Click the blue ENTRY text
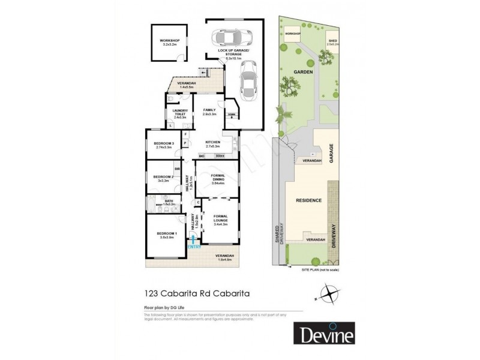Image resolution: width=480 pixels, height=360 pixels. pos(194,246)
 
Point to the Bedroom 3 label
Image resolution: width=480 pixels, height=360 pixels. pos(163,145)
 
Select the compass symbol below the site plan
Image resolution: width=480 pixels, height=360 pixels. pos(328,295)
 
